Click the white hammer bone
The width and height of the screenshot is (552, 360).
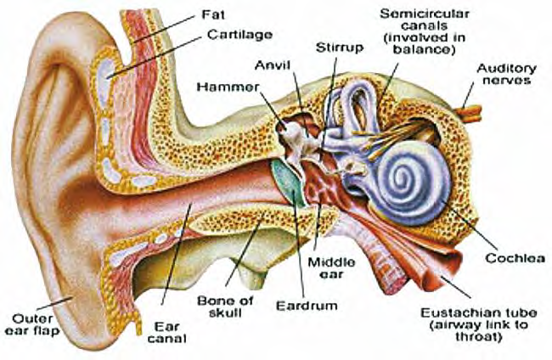[x=295, y=136]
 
